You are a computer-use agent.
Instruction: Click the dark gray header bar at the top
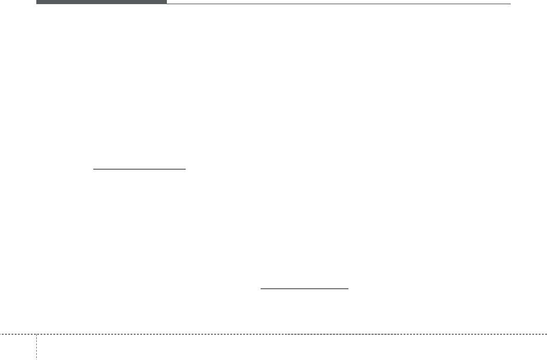(x=101, y=2)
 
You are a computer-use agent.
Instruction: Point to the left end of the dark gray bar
(x=37, y=2)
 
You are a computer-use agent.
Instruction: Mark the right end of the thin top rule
(x=511, y=4)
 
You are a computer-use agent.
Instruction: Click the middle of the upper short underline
(x=139, y=169)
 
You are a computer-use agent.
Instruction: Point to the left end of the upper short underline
(x=93, y=169)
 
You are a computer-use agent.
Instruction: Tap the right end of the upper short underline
(x=185, y=169)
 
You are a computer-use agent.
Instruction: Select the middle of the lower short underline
(x=305, y=289)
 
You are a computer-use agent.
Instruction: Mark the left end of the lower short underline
(x=261, y=289)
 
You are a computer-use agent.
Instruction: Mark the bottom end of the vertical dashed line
(x=36, y=360)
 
